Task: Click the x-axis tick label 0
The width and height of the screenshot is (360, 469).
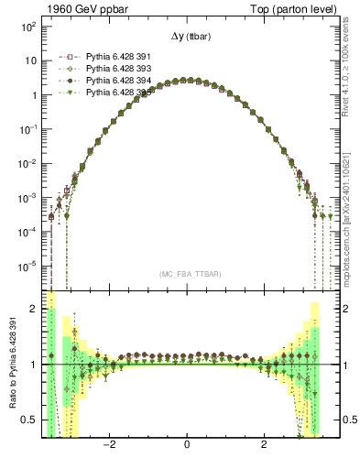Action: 187,446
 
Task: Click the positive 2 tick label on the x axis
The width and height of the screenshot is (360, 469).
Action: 264,446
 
